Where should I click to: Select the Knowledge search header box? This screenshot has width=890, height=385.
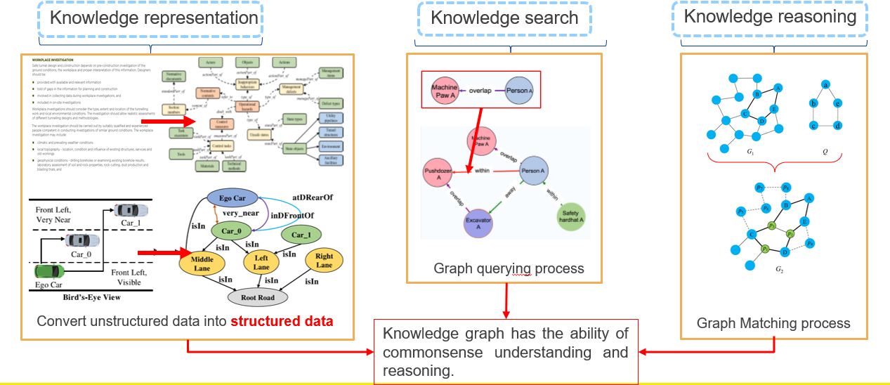pyautogui.click(x=504, y=18)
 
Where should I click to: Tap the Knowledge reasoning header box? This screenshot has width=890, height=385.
pyautogui.click(x=770, y=17)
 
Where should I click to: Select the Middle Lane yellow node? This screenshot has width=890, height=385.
pyautogui.click(x=202, y=263)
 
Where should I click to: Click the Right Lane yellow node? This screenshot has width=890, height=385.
pyautogui.click(x=324, y=261)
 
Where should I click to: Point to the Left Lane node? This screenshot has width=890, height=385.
pyautogui.click(x=261, y=263)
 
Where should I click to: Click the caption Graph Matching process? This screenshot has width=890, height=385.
pyautogui.click(x=773, y=323)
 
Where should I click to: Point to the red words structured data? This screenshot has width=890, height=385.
pyautogui.click(x=282, y=321)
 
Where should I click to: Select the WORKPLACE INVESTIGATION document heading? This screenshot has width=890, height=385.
pyautogui.click(x=58, y=60)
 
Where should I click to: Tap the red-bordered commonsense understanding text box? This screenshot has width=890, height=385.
pyautogui.click(x=506, y=351)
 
